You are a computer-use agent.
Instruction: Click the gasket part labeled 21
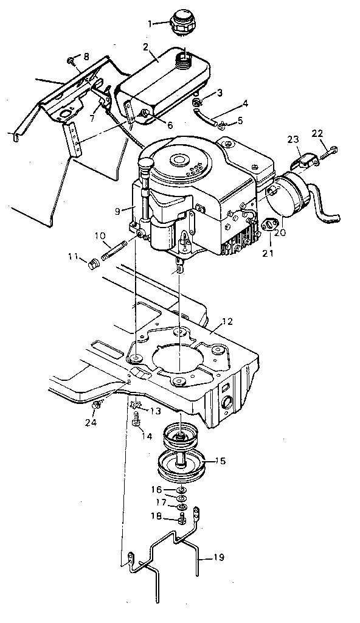tap(267, 227)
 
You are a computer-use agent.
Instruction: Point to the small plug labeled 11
tap(94, 264)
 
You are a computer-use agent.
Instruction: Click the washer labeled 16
tap(181, 490)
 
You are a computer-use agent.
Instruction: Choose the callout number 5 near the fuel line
tap(240, 120)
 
